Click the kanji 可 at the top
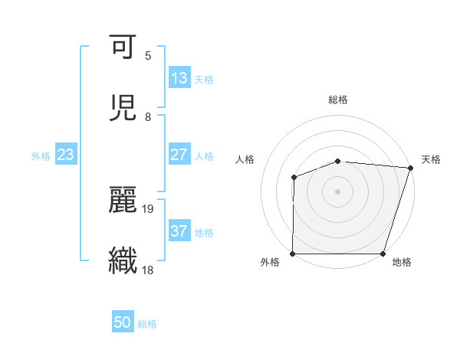click(x=123, y=47)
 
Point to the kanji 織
click(x=123, y=260)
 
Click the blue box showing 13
click(x=179, y=78)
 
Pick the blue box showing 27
click(x=179, y=154)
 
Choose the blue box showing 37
click(x=179, y=231)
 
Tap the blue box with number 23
click(x=66, y=155)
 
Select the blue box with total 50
click(x=123, y=322)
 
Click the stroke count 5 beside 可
click(x=148, y=56)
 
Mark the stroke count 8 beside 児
click(x=148, y=117)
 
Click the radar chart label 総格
click(x=338, y=100)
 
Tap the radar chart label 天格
click(x=431, y=159)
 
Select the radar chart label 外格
click(x=270, y=262)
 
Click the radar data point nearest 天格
click(x=410, y=168)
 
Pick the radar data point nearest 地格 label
click(x=383, y=254)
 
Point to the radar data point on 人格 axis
click(x=294, y=178)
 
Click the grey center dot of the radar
click(x=338, y=191)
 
